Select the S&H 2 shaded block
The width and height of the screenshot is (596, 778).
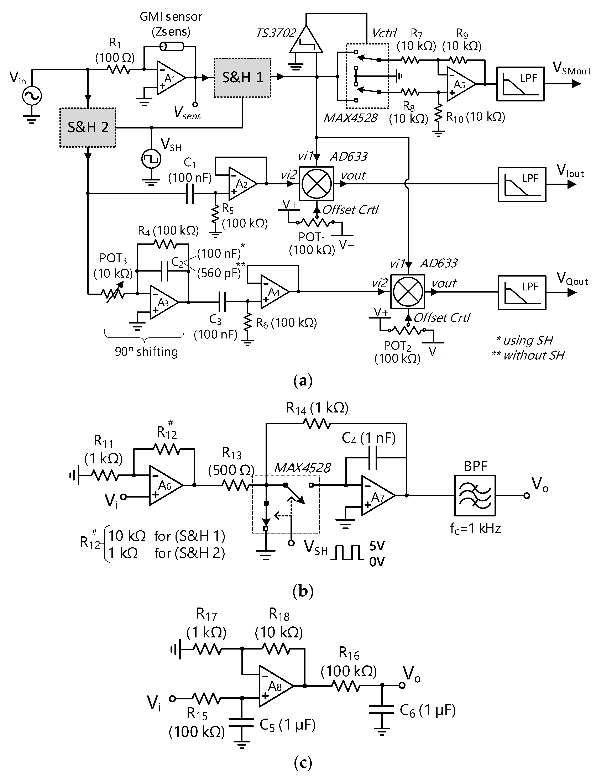[88, 127]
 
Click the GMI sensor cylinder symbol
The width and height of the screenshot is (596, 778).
[172, 46]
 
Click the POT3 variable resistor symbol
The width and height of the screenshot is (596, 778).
[113, 293]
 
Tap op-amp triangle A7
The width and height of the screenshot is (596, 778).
[377, 495]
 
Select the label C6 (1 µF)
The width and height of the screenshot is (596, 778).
[428, 710]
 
